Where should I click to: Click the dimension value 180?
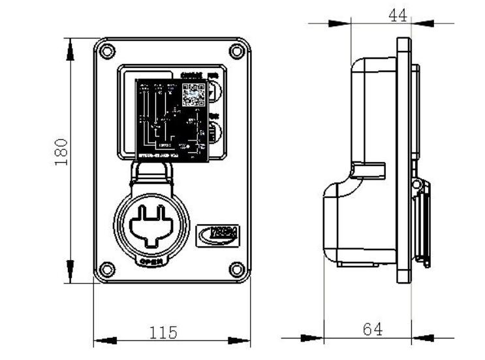tap(61, 151)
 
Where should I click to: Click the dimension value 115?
tap(163, 333)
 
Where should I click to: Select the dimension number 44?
tap(398, 16)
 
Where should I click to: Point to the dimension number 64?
tap(372, 329)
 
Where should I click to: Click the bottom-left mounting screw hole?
tap(108, 268)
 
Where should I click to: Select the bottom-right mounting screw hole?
tap(238, 268)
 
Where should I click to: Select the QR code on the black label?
tap(193, 95)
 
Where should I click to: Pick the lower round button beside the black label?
tap(214, 133)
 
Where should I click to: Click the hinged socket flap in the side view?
tap(422, 222)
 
